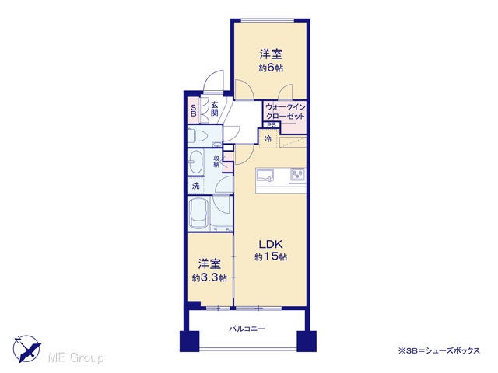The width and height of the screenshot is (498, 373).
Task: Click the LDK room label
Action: click(271, 244)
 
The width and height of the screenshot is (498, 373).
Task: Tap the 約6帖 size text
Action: click(271, 68)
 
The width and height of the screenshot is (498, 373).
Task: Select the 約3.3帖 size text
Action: click(209, 278)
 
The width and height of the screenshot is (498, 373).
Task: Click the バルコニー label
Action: click(247, 329)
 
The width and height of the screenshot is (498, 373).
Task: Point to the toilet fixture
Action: click(198, 137)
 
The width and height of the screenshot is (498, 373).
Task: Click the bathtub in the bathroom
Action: click(198, 213)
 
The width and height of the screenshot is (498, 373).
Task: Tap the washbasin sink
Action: click(195, 162)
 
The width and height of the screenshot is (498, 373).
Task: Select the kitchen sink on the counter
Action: click(265, 176)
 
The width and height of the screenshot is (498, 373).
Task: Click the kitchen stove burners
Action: click(297, 174)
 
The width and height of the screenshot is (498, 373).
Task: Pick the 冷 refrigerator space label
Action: click(268, 138)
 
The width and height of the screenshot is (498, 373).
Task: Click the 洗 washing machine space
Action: click(195, 186)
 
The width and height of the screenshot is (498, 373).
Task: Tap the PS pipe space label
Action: click(272, 125)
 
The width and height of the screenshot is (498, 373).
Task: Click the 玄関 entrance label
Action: click(215, 109)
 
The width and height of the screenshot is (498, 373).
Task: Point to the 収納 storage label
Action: click(216, 162)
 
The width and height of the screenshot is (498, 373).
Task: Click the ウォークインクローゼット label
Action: click(286, 112)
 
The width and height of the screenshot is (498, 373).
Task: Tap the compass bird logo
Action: click(26, 349)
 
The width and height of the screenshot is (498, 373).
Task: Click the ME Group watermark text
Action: click(75, 357)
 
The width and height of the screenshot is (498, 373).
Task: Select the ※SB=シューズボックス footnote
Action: click(439, 350)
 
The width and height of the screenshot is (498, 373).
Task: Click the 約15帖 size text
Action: click(271, 256)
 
